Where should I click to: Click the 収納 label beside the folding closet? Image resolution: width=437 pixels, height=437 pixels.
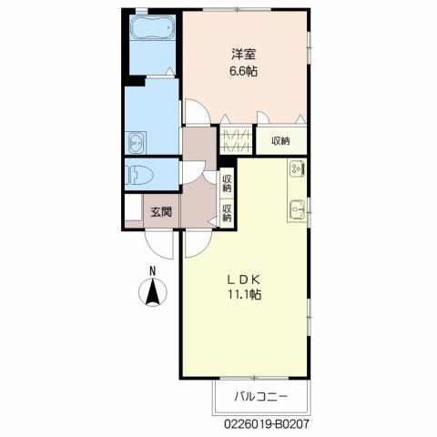click(x=279, y=140)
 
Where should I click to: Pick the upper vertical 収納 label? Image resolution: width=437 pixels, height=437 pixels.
click(x=227, y=180)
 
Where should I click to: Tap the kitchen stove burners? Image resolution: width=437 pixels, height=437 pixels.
click(x=297, y=168)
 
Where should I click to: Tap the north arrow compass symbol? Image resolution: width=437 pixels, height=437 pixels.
click(x=154, y=292)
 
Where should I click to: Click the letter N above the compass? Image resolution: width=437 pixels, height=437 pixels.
click(x=154, y=270)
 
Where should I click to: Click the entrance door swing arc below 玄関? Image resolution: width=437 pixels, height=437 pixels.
click(x=158, y=243)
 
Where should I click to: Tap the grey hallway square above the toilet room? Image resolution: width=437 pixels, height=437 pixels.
click(x=197, y=142)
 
